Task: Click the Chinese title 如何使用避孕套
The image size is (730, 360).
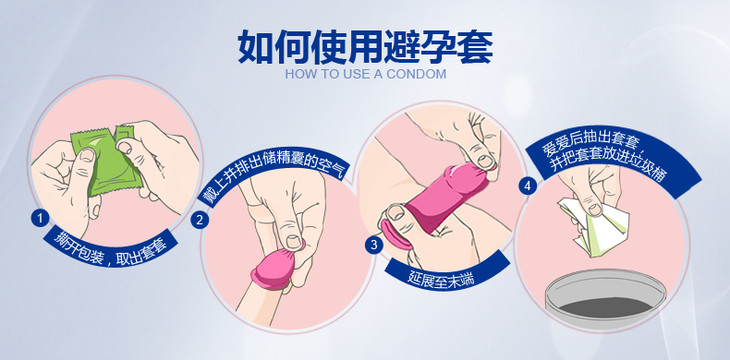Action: (365, 47)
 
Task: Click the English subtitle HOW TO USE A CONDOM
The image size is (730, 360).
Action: (365, 74)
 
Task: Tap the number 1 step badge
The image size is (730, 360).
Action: (40, 218)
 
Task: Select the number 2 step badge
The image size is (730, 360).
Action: (199, 220)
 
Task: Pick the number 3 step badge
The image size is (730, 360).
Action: (374, 245)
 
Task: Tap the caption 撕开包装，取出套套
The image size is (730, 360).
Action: (110, 248)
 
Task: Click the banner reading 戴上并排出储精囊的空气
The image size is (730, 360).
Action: (274, 175)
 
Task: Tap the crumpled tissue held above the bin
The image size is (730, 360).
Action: (594, 225)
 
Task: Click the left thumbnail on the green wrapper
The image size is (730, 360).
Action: (87, 155)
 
